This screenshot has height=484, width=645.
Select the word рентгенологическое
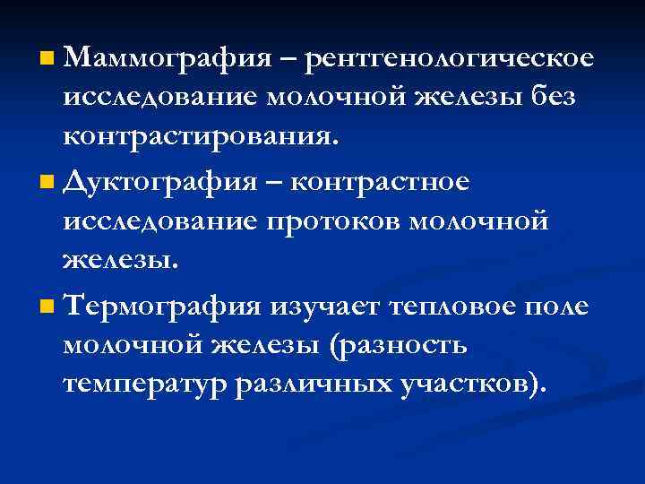click(x=449, y=60)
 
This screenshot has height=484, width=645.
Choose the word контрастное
click(x=390, y=184)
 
